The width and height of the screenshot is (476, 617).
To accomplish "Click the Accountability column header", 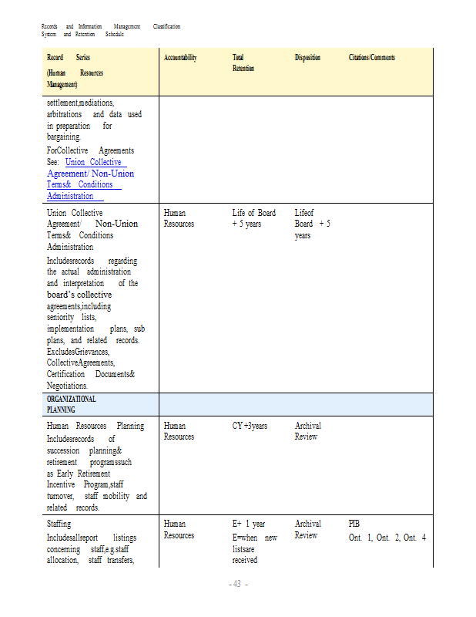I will pos(180,58).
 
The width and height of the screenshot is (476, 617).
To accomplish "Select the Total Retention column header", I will pos(243,62).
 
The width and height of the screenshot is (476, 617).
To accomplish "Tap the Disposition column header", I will pos(307,58).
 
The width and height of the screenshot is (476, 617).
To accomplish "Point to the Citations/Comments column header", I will pos(372,58).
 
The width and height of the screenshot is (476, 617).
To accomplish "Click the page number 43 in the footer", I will pos(238,584).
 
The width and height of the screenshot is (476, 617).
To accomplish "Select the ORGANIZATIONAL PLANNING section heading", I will pos(72,404).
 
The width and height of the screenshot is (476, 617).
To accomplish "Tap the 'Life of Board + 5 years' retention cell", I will pos(253,218).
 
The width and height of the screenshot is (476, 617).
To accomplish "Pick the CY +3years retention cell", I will pos(250,426).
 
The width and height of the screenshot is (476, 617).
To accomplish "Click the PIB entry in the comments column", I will pos(354,524).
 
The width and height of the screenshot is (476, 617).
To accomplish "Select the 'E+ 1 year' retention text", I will pos(250,524).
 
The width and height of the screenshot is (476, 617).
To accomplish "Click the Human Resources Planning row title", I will pos(95,426).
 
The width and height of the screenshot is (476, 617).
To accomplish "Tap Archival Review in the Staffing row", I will pos(308,529).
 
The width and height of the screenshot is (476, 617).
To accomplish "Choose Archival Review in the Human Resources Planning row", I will pos(308,431).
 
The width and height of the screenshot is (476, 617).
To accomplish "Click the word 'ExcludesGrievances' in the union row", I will pos(77,351).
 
